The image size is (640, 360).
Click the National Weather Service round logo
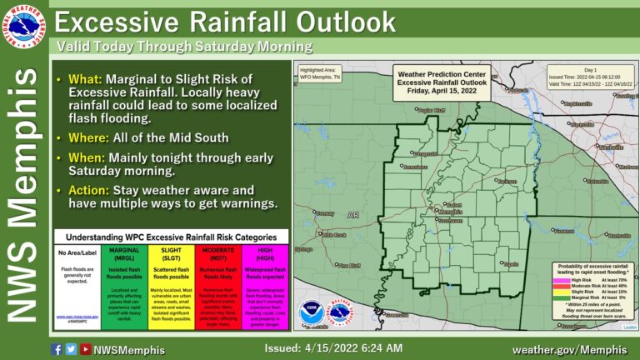26,26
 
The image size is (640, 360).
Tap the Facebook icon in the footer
57,349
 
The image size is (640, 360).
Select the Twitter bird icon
70,349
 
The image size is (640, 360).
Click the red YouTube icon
84,349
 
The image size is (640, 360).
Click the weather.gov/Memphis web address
569,348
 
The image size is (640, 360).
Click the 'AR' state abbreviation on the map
352,215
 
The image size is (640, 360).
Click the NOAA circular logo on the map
312,313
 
